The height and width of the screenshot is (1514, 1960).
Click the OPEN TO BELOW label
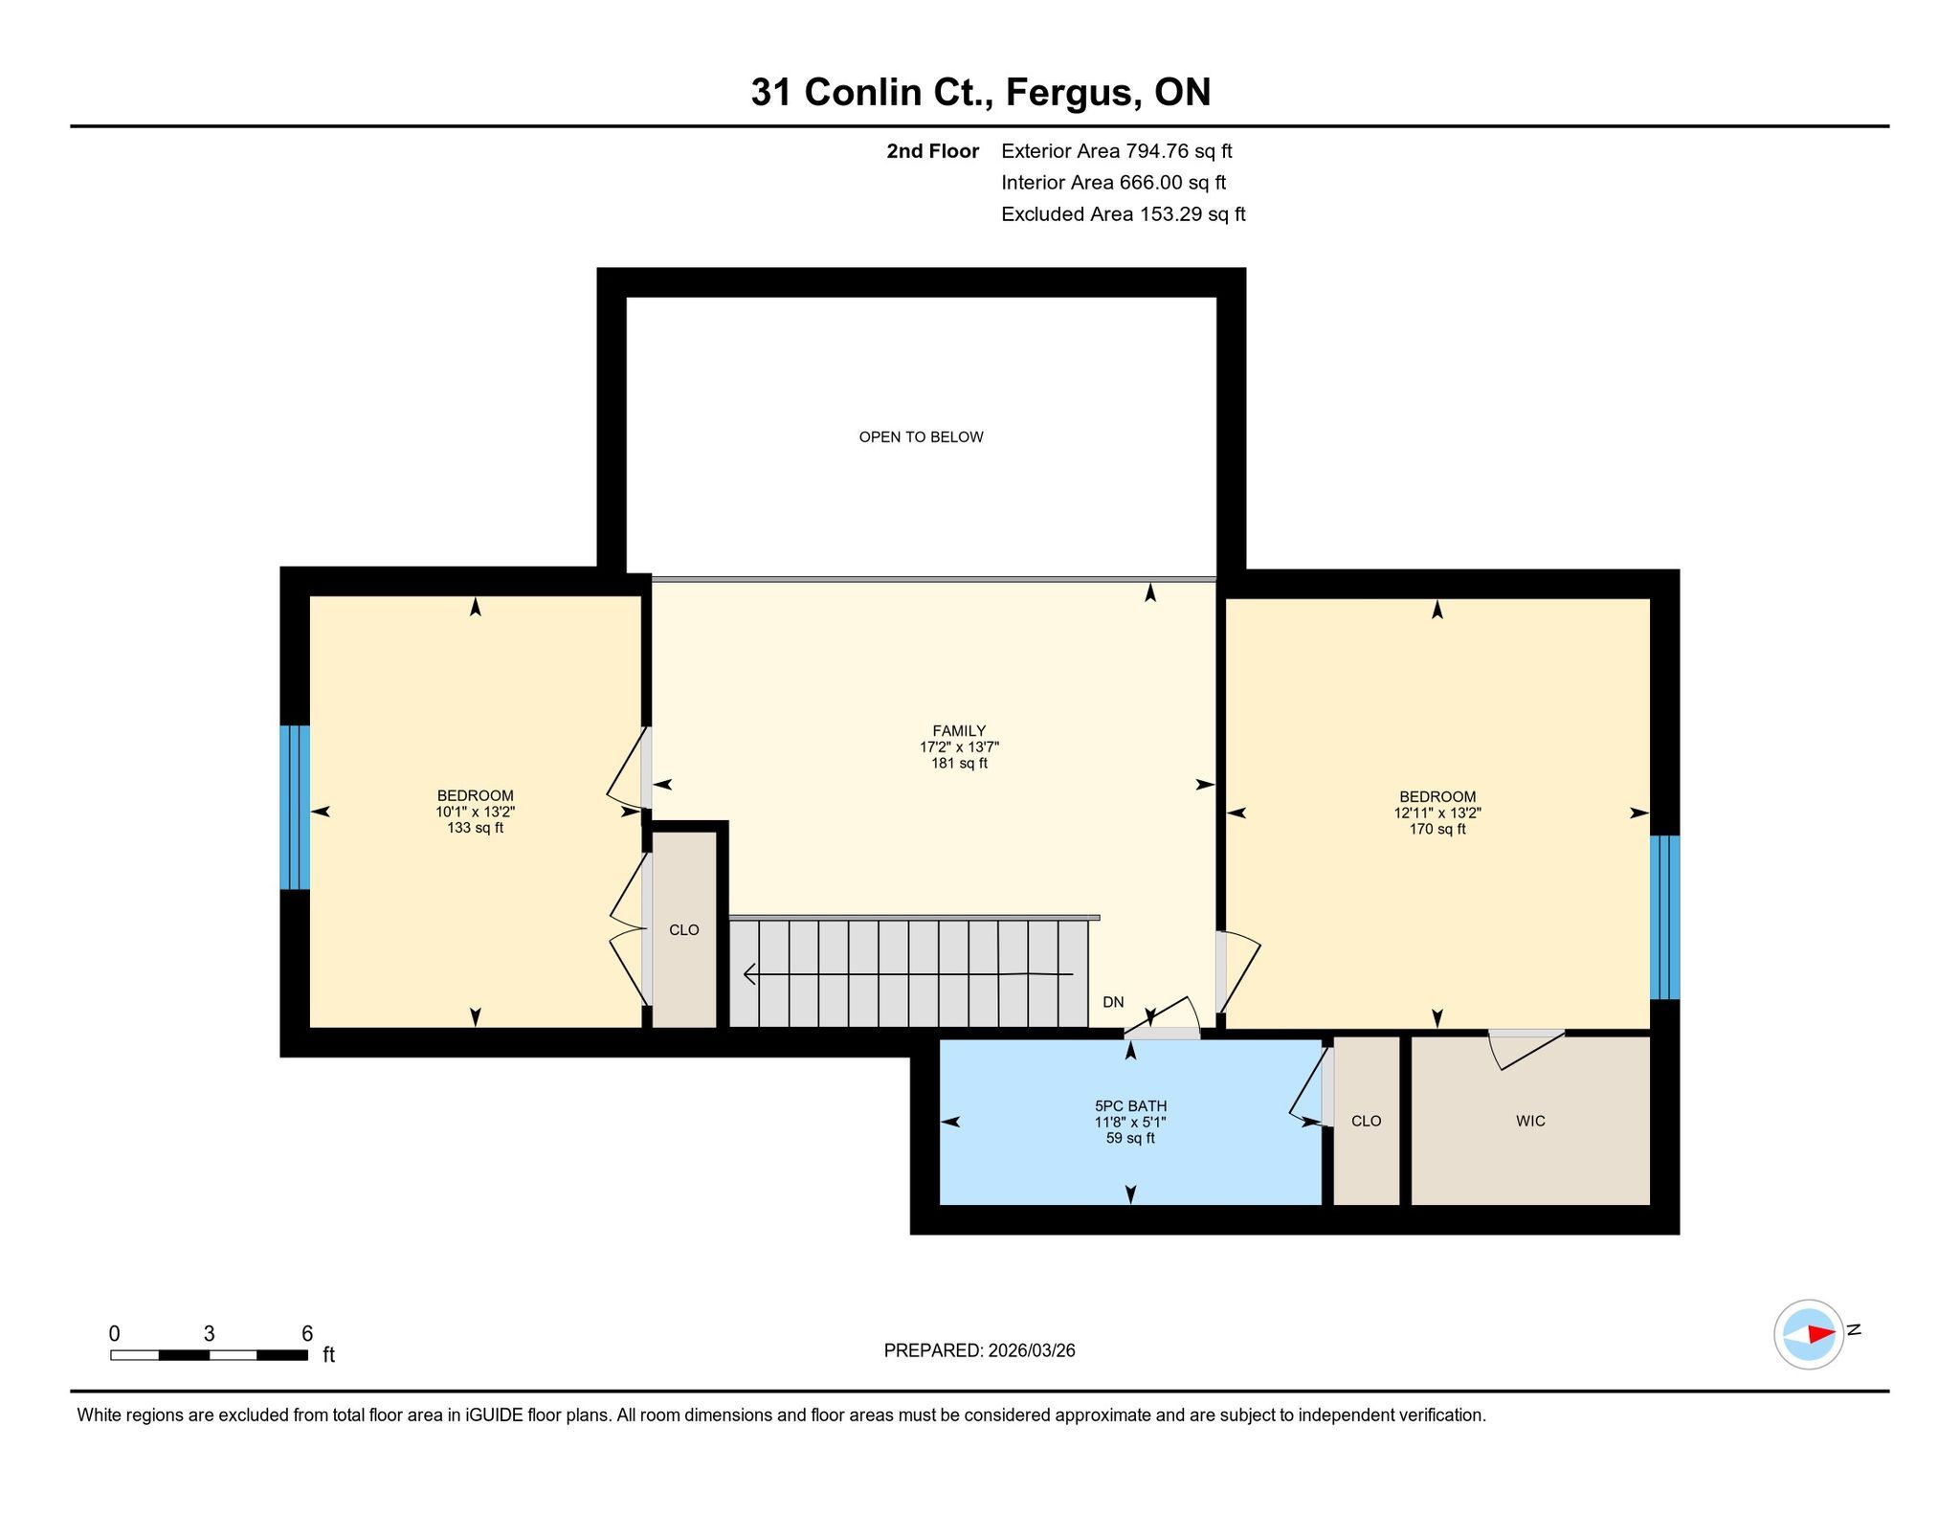click(x=921, y=437)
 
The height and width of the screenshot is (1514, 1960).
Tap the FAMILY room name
click(x=959, y=731)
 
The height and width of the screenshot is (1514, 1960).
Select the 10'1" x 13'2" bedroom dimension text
click(x=476, y=812)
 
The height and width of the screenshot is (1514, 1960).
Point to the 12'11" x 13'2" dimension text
click(x=1437, y=813)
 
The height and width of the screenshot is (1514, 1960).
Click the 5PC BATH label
click(x=1131, y=1106)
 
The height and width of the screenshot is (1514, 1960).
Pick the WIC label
click(x=1530, y=1121)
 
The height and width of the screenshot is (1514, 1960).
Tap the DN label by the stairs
click(x=1113, y=1002)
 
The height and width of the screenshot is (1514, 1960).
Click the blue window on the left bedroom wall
click(x=295, y=807)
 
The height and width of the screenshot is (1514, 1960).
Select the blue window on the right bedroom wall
click(x=1665, y=917)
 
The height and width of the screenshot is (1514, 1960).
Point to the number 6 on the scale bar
click(x=307, y=1333)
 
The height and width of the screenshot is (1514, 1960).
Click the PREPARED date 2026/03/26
click(x=1032, y=1350)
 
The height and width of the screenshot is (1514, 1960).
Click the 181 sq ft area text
click(x=959, y=764)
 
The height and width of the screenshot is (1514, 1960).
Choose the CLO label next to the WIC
click(x=1367, y=1121)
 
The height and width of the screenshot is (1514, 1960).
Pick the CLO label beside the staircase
click(x=684, y=929)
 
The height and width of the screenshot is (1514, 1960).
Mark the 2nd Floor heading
click(x=933, y=150)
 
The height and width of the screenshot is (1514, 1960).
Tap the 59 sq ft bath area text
click(x=1131, y=1138)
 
